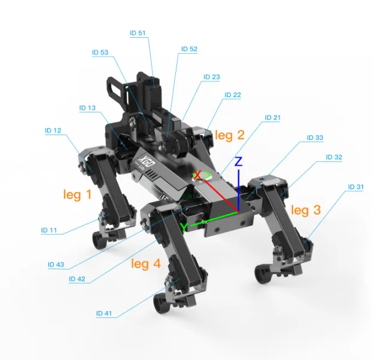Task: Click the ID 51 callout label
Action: tap(138, 33)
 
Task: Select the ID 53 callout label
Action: tap(100, 53)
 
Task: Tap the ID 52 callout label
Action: tap(189, 49)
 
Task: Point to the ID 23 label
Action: tap(212, 77)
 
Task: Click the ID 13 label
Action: tap(87, 108)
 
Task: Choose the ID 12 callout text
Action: tap(53, 130)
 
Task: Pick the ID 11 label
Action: tap(49, 230)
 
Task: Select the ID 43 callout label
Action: tap(56, 264)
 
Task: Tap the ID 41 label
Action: tap(104, 313)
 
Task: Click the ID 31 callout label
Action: tap(356, 187)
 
